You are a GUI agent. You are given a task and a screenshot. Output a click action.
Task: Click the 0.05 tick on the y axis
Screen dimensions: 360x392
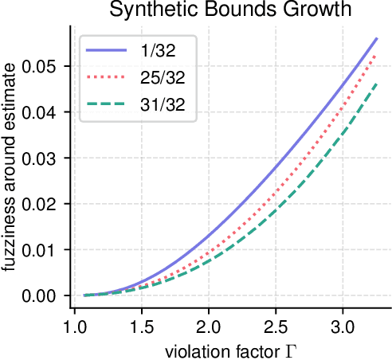coord(40,66)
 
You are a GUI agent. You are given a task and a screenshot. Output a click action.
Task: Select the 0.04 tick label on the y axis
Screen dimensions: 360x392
coord(40,112)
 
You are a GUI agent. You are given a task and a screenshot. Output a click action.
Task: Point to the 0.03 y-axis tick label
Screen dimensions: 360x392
coord(40,158)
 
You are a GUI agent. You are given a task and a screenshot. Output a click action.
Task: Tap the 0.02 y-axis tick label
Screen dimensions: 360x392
coord(40,204)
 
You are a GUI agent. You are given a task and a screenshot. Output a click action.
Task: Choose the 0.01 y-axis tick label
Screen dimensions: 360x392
coord(40,249)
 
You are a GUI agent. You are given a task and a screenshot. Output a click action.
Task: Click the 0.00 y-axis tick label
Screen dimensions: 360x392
coord(40,295)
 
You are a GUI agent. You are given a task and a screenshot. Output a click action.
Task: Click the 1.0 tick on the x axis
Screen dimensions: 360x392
coord(75,327)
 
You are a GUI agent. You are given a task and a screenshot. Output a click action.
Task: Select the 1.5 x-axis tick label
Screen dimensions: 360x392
coord(142,327)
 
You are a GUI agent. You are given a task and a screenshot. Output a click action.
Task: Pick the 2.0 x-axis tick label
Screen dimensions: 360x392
coord(209,327)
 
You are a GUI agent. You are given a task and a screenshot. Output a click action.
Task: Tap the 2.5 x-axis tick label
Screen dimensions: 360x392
coord(276,327)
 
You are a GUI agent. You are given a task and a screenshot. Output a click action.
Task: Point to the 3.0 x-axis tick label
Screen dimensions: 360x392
coord(343,327)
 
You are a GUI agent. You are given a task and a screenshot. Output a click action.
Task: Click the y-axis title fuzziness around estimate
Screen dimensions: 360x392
coord(10,170)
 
